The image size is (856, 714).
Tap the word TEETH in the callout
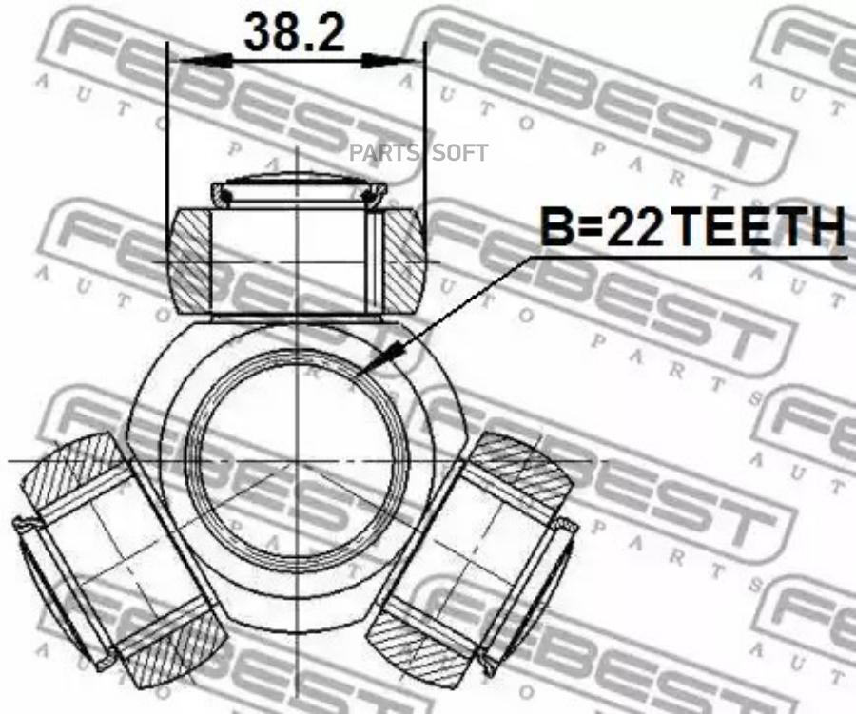[760, 226]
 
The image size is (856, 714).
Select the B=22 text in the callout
[602, 226]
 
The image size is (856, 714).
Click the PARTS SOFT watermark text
[418, 153]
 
